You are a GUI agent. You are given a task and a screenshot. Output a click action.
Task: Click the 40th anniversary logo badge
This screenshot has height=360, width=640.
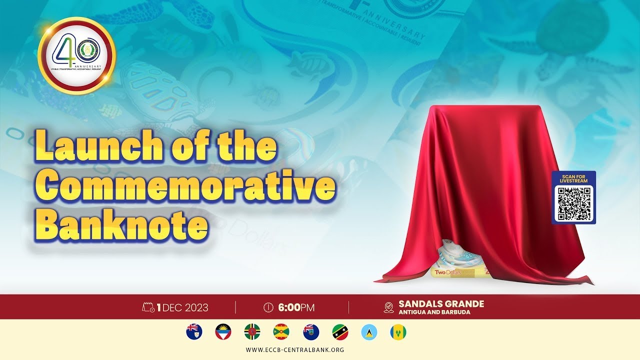click(76, 56)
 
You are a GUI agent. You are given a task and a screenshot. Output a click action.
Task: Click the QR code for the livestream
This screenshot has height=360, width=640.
click(574, 203)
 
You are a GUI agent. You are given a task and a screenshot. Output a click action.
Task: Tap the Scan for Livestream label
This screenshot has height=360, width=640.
click(574, 178)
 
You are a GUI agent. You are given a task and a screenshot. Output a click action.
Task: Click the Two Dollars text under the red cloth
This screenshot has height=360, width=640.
click(446, 272)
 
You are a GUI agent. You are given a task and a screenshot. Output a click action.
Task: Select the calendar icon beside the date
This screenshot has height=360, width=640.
click(148, 307)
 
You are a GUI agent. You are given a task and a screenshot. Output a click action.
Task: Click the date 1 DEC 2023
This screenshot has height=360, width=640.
click(182, 307)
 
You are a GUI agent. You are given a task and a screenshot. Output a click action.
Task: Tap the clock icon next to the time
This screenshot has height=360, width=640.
click(268, 307)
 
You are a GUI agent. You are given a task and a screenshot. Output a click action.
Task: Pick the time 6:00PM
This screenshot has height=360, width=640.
click(296, 307)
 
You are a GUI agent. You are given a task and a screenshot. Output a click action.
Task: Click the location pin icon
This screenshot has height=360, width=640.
click(388, 307)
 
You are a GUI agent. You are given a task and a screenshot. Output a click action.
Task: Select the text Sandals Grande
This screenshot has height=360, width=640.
click(441, 303)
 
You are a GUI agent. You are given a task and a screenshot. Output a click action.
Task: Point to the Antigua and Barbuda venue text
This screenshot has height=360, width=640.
click(434, 312)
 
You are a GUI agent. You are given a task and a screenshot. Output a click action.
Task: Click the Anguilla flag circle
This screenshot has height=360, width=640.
click(194, 332)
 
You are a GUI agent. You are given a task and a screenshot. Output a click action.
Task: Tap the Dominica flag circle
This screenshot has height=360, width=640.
click(252, 332)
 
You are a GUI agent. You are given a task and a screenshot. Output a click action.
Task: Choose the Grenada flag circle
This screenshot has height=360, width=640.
click(281, 332)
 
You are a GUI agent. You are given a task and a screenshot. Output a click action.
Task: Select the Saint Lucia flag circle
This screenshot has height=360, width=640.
click(369, 332)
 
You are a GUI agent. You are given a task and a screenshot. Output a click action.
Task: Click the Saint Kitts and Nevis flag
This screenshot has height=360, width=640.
click(340, 332)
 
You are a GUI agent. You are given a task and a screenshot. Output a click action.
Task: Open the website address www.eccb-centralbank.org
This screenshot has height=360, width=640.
click(295, 349)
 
